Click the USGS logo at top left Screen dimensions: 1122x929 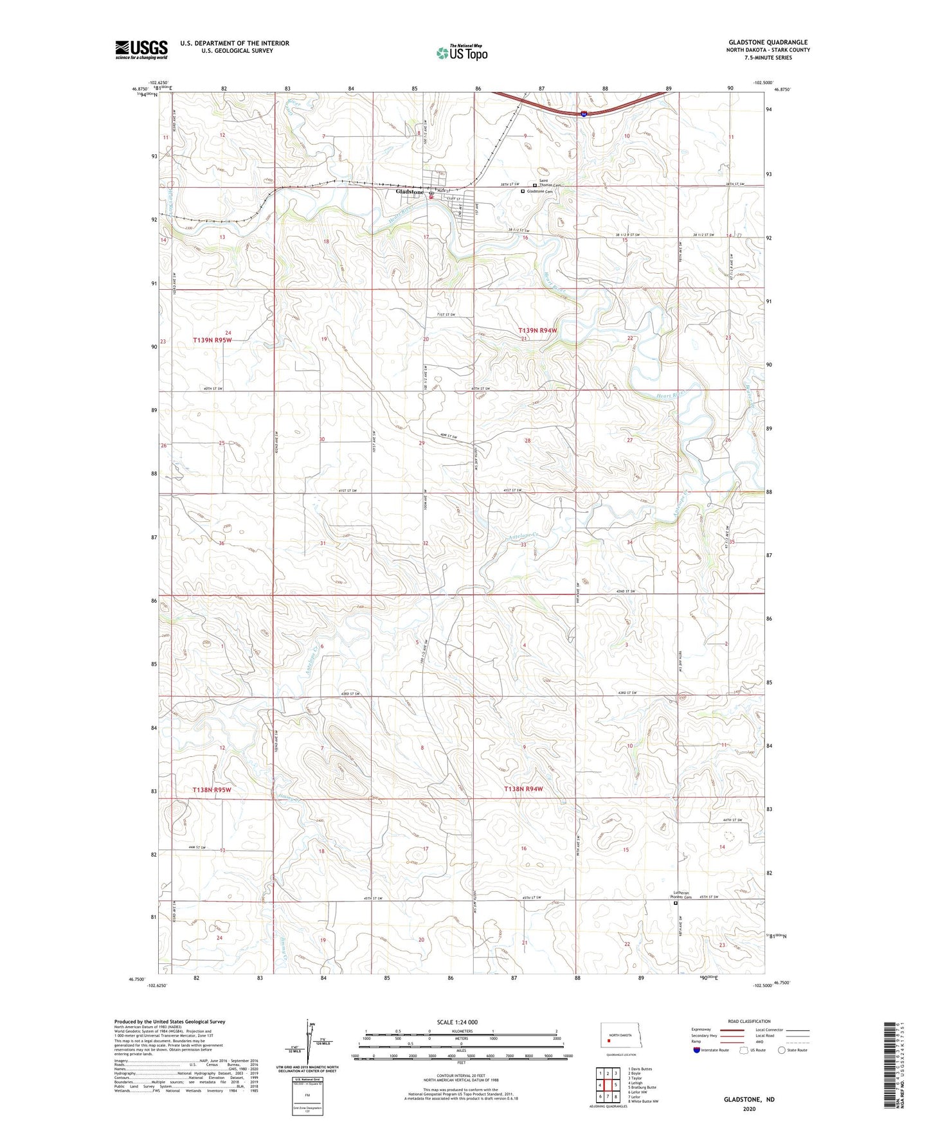pyautogui.click(x=141, y=49)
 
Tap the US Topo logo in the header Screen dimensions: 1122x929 pyautogui.click(x=461, y=53)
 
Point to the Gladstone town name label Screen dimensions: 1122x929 pyautogui.click(x=410, y=192)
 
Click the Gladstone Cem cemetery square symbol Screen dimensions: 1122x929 pyautogui.click(x=522, y=191)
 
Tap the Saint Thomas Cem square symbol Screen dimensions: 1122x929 pyautogui.click(x=535, y=185)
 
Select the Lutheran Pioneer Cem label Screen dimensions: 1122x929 pyautogui.click(x=681, y=895)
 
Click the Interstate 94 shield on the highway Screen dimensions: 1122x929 pyautogui.click(x=583, y=114)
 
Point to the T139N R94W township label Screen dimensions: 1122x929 pyautogui.click(x=537, y=330)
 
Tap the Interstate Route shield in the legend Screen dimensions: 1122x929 pyautogui.click(x=696, y=1050)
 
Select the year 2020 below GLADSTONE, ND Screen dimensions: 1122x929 pyautogui.click(x=749, y=1109)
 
